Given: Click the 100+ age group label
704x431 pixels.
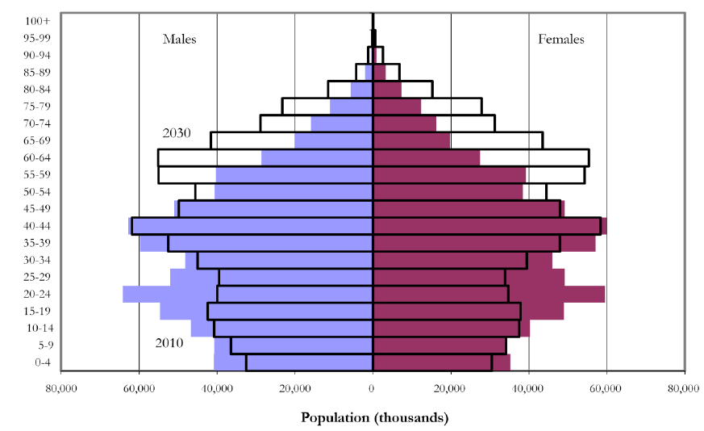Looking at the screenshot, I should pos(36,20).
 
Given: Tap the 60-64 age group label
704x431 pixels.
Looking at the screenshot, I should pos(36,157).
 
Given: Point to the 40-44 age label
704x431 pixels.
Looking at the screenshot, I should pos(36,225).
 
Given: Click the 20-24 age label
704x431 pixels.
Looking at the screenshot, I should pos(36,294).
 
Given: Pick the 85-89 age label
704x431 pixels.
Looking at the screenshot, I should pos(36,72).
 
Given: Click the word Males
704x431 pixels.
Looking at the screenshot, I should pos(179,39).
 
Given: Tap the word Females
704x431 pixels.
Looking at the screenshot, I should pos(561,39).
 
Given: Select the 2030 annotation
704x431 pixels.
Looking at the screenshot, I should pos(176,132).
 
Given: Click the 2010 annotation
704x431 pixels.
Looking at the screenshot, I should pos(169,343).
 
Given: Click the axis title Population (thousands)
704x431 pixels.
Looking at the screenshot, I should pos(374,417).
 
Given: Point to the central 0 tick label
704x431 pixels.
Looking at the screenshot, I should pos(373,389).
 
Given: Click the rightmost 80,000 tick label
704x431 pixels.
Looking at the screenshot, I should pos(684,389).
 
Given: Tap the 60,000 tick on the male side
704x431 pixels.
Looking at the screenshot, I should pos(139,389).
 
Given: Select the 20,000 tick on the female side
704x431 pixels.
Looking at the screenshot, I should pos(451,389).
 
